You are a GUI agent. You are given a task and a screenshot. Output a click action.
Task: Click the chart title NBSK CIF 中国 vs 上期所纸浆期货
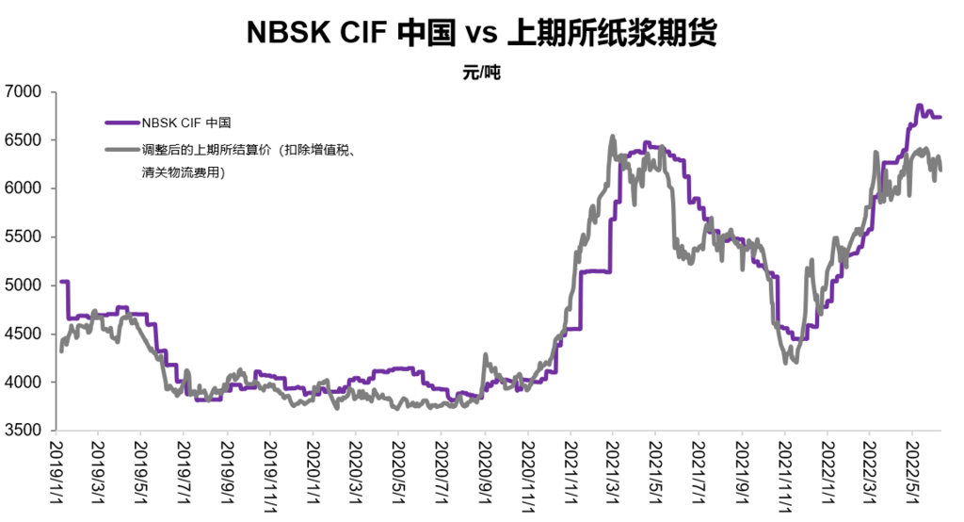tap(481, 33)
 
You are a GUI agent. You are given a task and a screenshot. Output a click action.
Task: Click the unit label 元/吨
tap(481, 73)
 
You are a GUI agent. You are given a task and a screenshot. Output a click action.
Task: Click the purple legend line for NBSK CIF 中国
tap(121, 122)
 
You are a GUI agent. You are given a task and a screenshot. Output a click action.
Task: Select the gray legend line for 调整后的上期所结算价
tap(121, 149)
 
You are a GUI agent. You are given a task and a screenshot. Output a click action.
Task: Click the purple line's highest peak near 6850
tap(920, 106)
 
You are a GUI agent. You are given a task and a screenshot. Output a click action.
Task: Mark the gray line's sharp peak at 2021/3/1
tap(613, 136)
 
